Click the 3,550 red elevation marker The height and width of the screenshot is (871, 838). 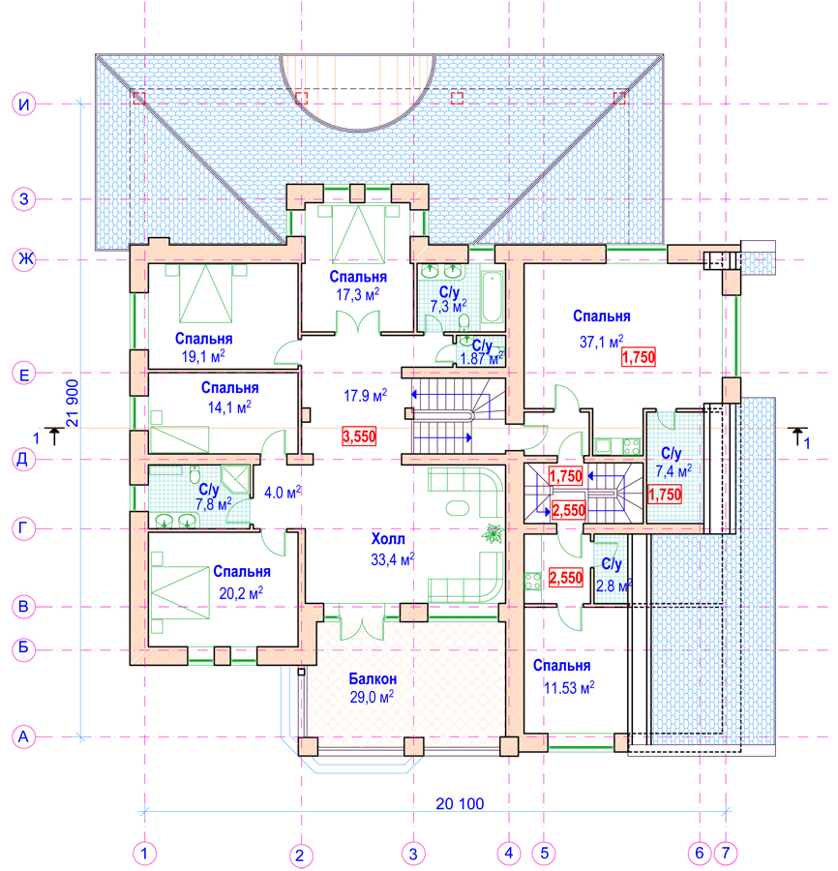tap(359, 436)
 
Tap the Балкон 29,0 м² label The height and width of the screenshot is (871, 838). tap(373, 688)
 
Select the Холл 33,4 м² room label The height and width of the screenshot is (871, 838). tap(393, 549)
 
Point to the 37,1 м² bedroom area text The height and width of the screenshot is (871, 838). tap(602, 341)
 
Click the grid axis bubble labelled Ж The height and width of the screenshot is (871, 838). tap(24, 259)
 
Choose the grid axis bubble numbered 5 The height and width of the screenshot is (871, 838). tap(544, 853)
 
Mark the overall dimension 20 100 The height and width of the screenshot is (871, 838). tap(460, 803)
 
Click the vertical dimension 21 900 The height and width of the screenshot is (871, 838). tap(73, 404)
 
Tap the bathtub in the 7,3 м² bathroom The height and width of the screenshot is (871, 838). tap(492, 297)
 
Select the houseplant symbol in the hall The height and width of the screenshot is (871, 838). tap(493, 534)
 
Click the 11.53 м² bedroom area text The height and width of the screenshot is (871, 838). tap(569, 688)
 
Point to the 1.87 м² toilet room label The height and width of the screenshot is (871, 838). tap(482, 352)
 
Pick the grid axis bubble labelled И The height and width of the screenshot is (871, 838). tap(24, 104)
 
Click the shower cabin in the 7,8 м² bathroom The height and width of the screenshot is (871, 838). tap(236, 479)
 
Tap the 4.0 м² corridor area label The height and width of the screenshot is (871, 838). tap(283, 493)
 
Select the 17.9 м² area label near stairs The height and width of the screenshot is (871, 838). tap(365, 396)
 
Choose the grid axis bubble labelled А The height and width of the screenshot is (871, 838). tap(23, 737)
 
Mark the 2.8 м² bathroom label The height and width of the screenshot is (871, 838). tap(613, 576)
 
